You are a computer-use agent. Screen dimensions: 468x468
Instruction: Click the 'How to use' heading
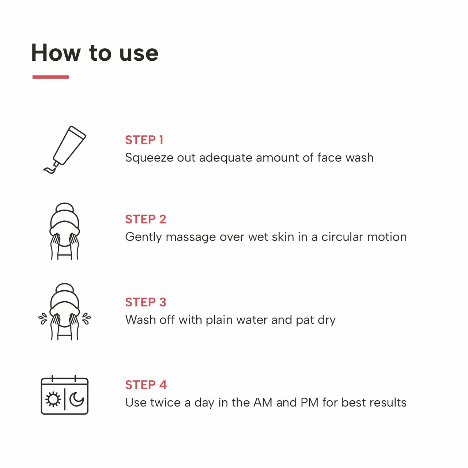[x=95, y=53]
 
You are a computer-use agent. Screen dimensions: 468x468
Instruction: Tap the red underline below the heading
[x=50, y=77]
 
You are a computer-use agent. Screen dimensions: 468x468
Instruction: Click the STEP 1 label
[x=144, y=140]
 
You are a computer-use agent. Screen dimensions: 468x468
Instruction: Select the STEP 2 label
[x=146, y=219]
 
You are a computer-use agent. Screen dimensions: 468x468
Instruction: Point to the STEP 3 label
[x=146, y=302]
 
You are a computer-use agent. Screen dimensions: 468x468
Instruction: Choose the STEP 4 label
[x=146, y=385]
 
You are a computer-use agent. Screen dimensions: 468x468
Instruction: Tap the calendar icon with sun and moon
[x=64, y=395]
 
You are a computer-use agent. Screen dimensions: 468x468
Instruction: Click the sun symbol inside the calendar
[x=53, y=400]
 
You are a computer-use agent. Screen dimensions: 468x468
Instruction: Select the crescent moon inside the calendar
[x=77, y=399]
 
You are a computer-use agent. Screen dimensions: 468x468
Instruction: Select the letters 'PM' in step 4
[x=309, y=403]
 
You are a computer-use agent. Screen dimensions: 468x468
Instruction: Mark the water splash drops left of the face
[x=43, y=318]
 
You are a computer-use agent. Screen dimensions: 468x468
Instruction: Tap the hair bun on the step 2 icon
[x=65, y=207]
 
